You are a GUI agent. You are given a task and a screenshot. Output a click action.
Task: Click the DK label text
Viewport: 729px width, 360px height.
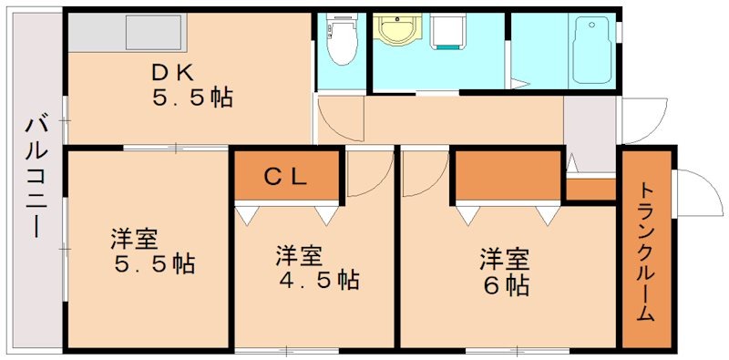click(169, 72)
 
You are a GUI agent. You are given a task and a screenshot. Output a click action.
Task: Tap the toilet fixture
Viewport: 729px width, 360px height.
click(342, 41)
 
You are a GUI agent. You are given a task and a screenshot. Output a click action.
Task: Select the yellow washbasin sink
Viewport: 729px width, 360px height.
click(397, 31)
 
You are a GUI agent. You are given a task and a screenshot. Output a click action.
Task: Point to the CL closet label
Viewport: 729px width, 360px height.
click(287, 177)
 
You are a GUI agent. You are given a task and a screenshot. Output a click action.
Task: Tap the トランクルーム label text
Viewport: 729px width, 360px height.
click(645, 252)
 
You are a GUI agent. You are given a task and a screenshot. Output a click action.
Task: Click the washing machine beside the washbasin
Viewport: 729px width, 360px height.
click(448, 33)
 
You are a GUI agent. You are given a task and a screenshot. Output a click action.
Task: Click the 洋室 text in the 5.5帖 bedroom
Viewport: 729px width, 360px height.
click(134, 239)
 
